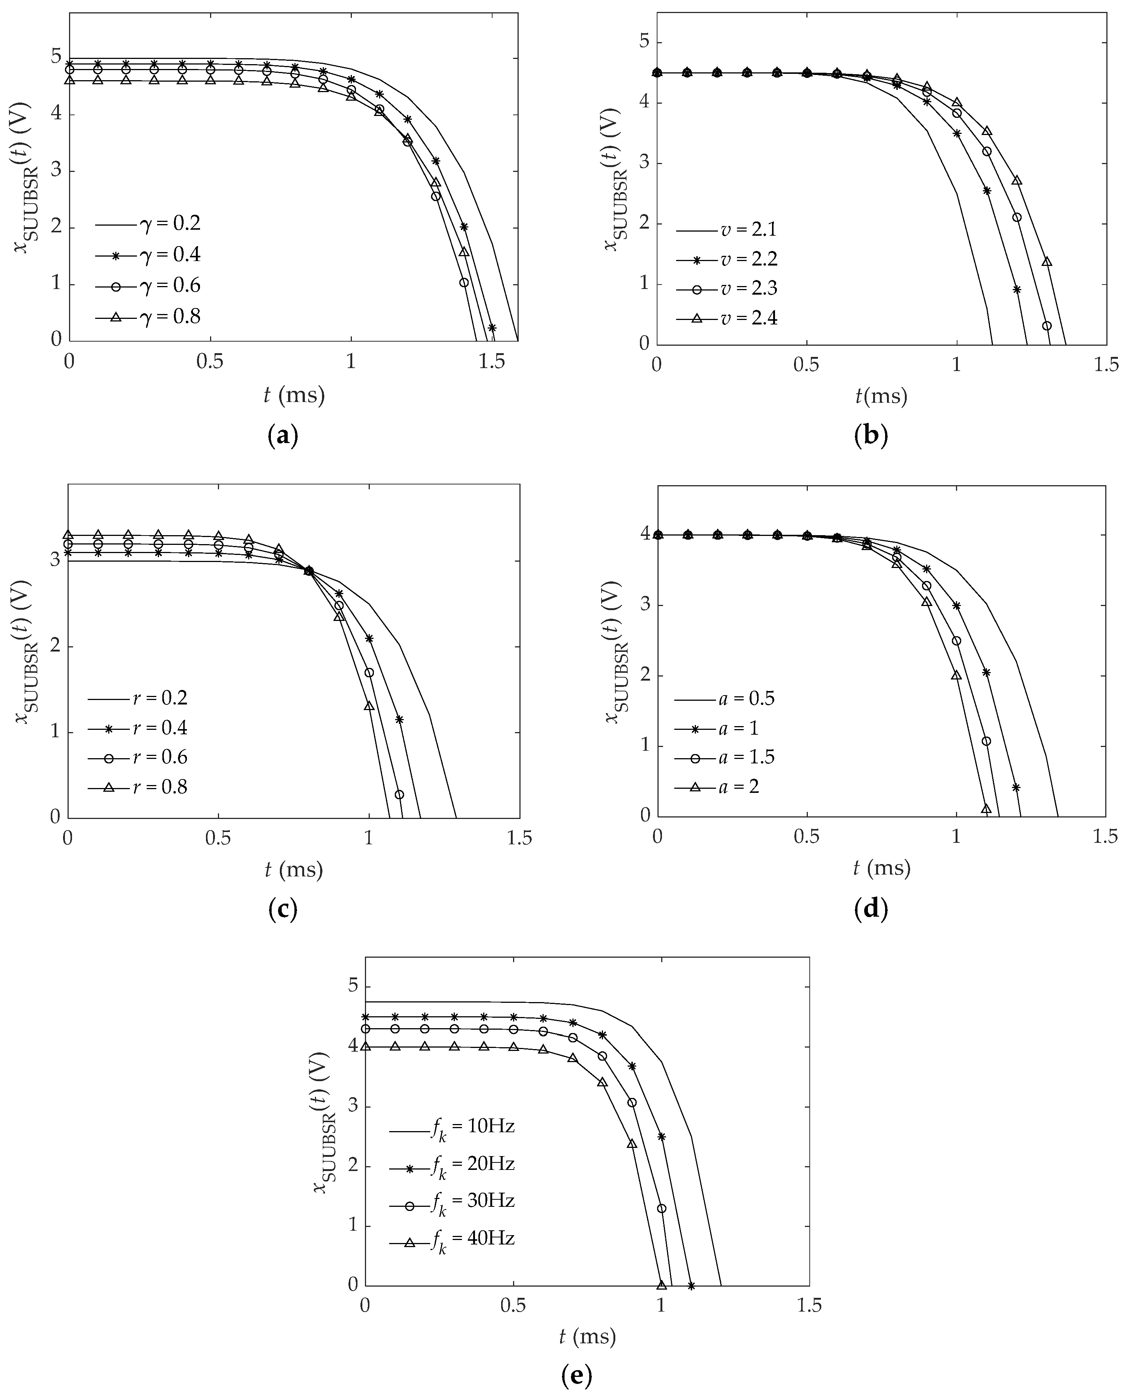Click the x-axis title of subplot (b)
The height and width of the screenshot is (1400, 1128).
(x=881, y=395)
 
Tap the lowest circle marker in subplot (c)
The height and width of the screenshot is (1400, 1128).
(x=399, y=794)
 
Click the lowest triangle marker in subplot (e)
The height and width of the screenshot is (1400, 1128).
(x=662, y=1284)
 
